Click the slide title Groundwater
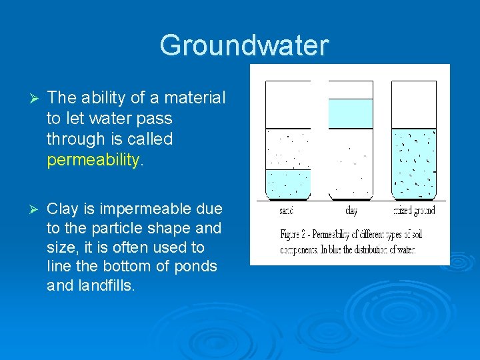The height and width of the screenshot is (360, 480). pyautogui.click(x=244, y=45)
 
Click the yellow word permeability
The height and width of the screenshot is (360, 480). pyautogui.click(x=93, y=160)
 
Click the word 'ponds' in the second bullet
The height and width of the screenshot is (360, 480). pyautogui.click(x=198, y=267)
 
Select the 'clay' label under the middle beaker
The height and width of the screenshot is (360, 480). pyautogui.click(x=351, y=211)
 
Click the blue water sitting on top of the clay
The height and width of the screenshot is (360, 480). pyautogui.click(x=351, y=113)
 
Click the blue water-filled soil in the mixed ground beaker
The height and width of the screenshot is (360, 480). pyautogui.click(x=413, y=163)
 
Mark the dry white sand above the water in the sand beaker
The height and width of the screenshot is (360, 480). pyautogui.click(x=288, y=148)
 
